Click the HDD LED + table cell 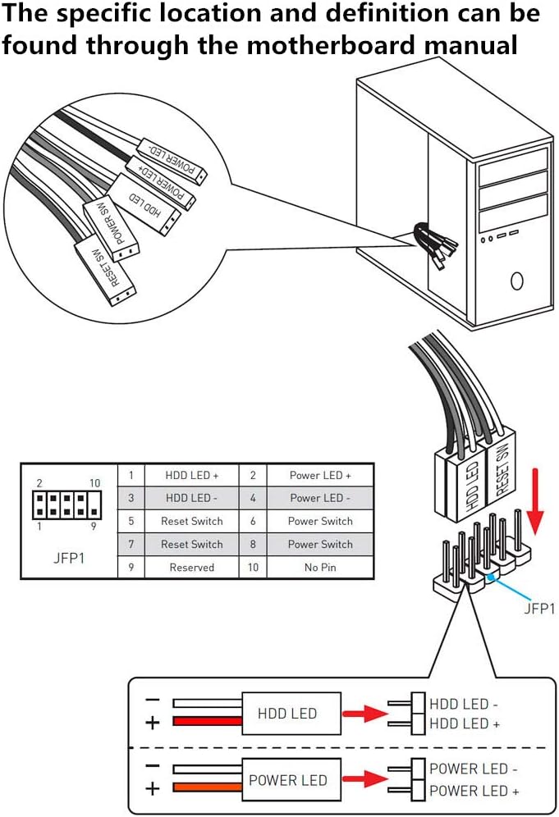pyautogui.click(x=191, y=475)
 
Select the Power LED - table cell pyautogui.click(x=320, y=498)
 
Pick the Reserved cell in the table pyautogui.click(x=191, y=567)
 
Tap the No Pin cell pyautogui.click(x=320, y=567)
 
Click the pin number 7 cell pyautogui.click(x=131, y=544)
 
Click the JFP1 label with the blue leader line pyautogui.click(x=539, y=609)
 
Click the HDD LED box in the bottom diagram pyautogui.click(x=286, y=713)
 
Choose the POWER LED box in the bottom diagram pyautogui.click(x=287, y=780)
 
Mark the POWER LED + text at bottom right pyautogui.click(x=474, y=792)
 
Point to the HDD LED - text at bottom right pyautogui.click(x=464, y=704)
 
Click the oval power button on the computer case pyautogui.click(x=516, y=281)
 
